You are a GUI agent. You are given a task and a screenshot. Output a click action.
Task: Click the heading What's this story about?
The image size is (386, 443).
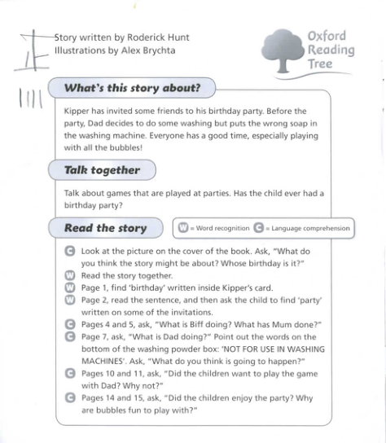tap(132, 87)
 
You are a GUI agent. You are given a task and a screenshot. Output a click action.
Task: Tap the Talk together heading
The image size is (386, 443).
tap(102, 170)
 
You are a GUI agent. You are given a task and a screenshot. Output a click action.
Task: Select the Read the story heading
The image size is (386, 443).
tap(105, 228)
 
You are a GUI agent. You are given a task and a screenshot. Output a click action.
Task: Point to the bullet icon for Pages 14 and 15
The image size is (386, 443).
tap(69, 397)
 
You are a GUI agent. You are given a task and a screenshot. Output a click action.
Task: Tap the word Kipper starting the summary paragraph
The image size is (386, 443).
tap(77, 110)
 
